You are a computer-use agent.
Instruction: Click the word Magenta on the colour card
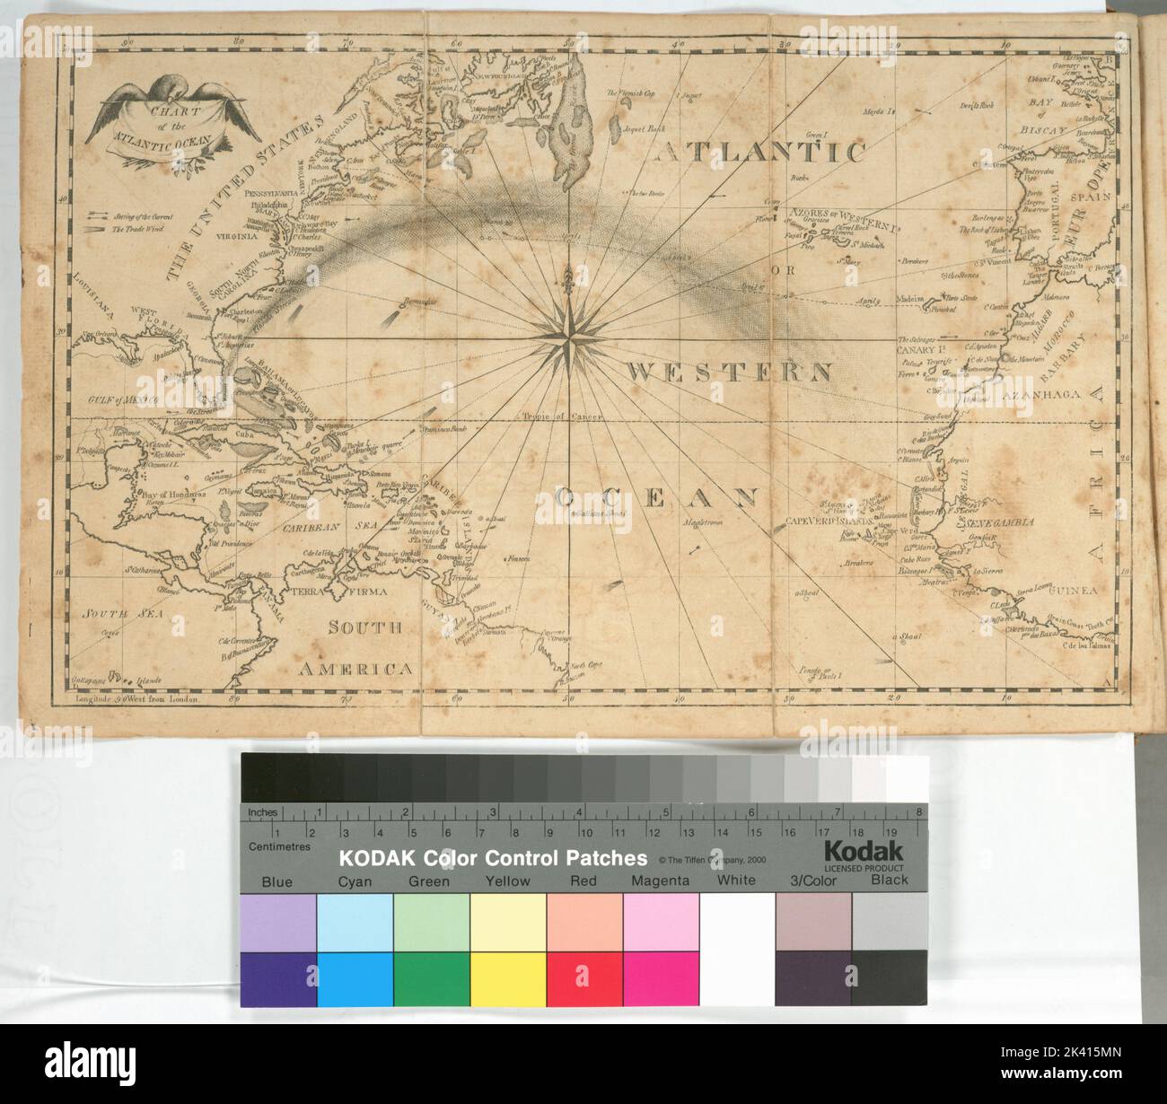tap(660, 881)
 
